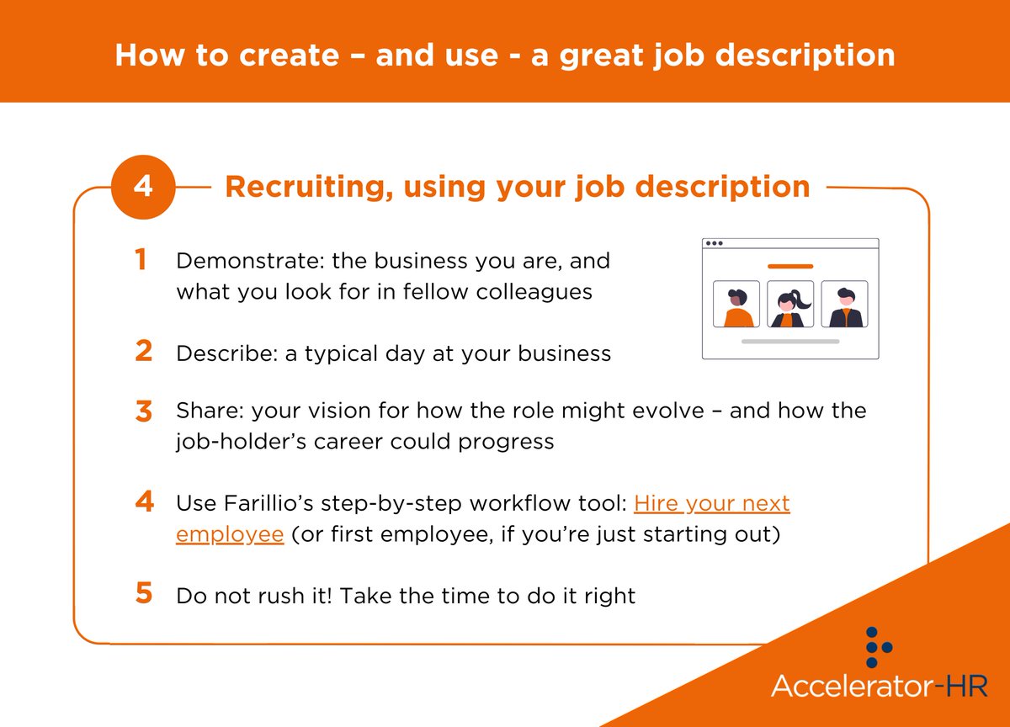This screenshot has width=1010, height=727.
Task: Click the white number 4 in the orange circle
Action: (143, 187)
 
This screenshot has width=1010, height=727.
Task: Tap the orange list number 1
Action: (141, 261)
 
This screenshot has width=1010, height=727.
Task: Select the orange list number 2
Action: (143, 352)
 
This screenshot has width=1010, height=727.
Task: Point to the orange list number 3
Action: (143, 412)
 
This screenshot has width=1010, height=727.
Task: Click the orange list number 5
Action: (143, 594)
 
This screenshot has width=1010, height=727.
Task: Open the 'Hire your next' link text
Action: (711, 504)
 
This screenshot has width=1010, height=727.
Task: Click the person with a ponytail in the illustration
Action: (789, 305)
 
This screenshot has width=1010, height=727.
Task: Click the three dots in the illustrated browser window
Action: (714, 243)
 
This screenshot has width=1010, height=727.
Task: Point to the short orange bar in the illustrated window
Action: (790, 266)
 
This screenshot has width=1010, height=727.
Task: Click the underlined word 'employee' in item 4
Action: (230, 535)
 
